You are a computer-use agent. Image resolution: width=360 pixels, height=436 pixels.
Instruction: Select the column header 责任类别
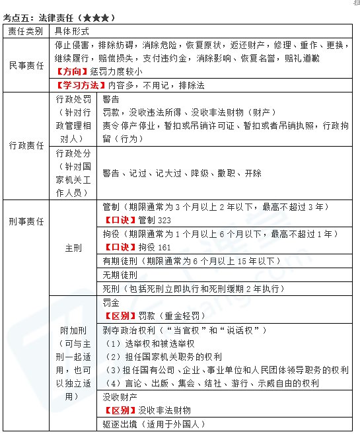pyautogui.click(x=25, y=32)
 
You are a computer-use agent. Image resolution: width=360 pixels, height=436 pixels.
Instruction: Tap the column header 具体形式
pyautogui.click(x=73, y=32)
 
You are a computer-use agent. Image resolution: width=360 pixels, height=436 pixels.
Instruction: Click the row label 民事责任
pyautogui.click(x=25, y=65)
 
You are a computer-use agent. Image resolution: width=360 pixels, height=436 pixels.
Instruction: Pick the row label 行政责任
pyautogui.click(x=25, y=145)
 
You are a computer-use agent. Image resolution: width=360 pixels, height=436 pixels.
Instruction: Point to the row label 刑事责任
pyautogui.click(x=25, y=221)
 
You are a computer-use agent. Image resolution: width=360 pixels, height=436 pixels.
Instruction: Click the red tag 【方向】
pyautogui.click(x=72, y=71)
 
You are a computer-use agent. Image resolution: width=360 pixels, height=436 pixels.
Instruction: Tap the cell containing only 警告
pyautogui.click(x=112, y=98)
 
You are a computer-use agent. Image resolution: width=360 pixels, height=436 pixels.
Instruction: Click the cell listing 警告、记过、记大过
pyautogui.click(x=182, y=173)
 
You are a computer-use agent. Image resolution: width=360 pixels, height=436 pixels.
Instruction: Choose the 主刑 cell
pyautogui.click(x=73, y=248)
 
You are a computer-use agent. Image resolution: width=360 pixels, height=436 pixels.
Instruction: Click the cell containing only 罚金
pyautogui.click(x=111, y=303)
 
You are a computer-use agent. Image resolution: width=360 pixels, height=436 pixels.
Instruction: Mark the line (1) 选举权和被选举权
pyautogui.click(x=150, y=344)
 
